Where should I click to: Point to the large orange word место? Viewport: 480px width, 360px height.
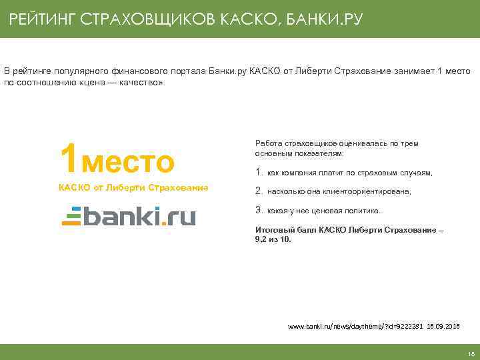(x=127, y=161)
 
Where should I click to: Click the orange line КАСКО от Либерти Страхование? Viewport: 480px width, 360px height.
(x=133, y=187)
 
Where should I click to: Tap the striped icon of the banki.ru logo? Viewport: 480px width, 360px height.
(x=71, y=216)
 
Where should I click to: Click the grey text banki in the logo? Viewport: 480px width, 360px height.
(x=119, y=215)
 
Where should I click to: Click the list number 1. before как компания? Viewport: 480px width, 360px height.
(x=259, y=173)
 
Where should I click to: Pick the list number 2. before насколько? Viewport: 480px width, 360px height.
(x=259, y=191)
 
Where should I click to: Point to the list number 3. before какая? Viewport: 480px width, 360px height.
(x=259, y=210)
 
